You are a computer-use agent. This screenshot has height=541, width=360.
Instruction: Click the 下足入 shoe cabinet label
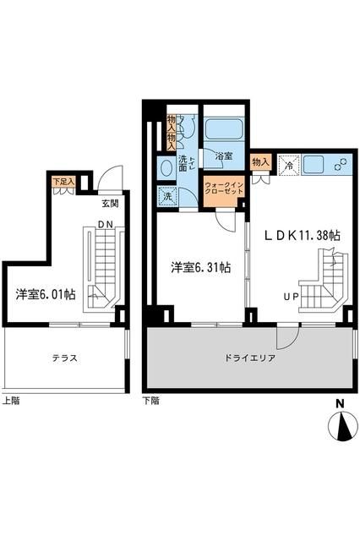pos(63,181)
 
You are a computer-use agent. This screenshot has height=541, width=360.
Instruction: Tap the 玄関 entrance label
pos(111,203)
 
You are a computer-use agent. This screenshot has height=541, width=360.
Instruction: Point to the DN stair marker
pos(105,223)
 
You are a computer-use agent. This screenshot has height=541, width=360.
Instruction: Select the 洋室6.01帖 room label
pos(45,295)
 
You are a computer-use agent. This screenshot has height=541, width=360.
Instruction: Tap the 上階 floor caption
pos(11,401)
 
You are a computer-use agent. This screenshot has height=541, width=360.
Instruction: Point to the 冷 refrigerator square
pos(288,166)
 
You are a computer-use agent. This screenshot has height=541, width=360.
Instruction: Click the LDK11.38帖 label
pos(303,236)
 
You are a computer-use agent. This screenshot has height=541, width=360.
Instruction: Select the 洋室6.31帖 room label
pos(201,268)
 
